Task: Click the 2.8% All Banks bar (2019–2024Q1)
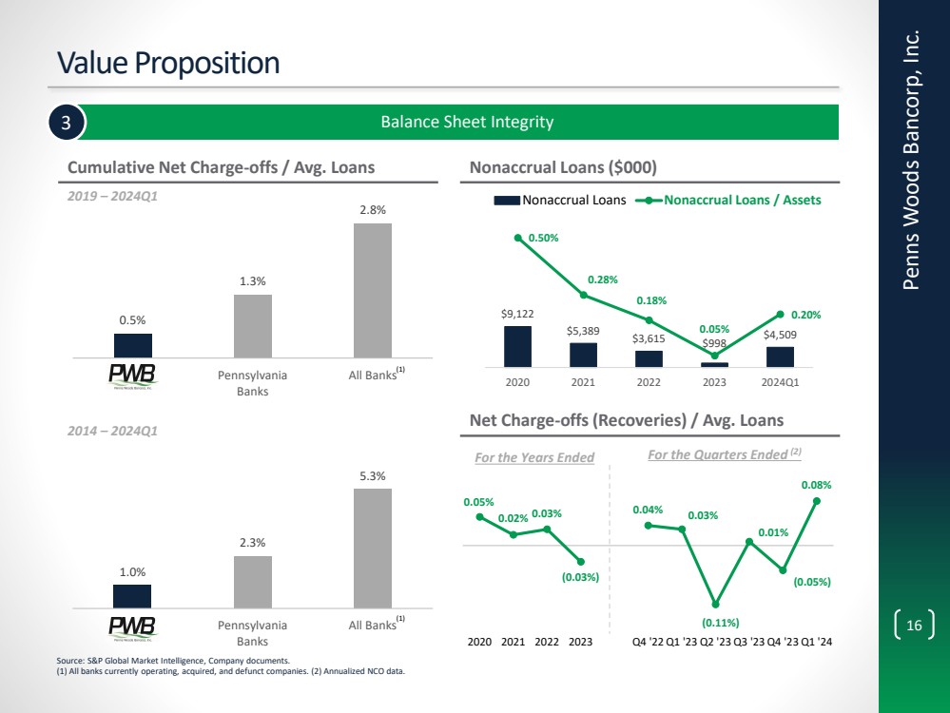click(373, 290)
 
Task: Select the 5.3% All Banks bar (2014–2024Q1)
click(373, 548)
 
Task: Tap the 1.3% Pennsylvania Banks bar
click(253, 325)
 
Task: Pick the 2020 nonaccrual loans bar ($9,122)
click(517, 346)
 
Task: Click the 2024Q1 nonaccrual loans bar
click(780, 356)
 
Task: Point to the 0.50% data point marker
click(518, 238)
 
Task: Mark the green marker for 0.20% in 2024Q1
click(780, 314)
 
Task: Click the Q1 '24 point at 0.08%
click(817, 500)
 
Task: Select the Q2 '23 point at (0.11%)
click(715, 605)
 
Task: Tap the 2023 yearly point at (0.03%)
click(580, 561)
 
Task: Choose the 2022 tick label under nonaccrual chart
click(649, 384)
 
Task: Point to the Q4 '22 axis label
click(649, 642)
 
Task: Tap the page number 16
click(915, 626)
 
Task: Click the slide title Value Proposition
click(169, 63)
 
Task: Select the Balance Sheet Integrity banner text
click(467, 122)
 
